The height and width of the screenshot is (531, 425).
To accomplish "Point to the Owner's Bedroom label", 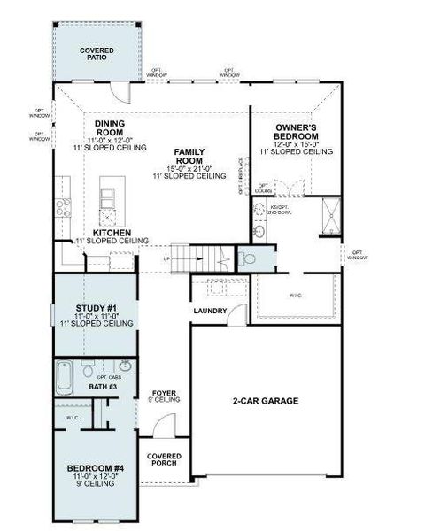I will click(296, 132).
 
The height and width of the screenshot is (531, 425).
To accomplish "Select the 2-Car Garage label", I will click(266, 401).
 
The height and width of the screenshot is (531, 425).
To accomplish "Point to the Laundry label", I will click(210, 311).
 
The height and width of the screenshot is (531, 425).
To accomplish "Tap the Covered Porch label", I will click(165, 460).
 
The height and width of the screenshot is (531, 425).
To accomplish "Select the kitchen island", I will click(110, 202).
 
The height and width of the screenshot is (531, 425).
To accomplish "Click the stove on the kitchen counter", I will click(64, 208).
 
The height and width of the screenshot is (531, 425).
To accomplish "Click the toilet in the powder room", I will click(247, 258).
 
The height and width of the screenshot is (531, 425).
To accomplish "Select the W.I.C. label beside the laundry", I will click(296, 295).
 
